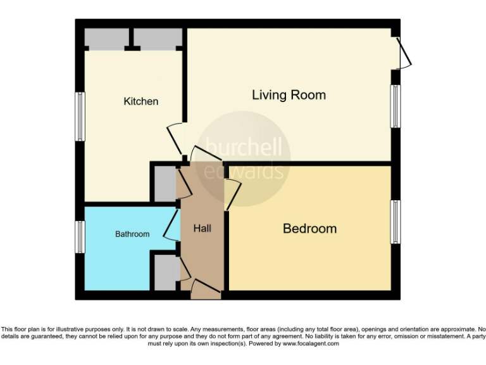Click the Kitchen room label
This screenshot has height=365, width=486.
pyautogui.click(x=140, y=101)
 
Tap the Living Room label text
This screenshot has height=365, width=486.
pyautogui.click(x=289, y=95)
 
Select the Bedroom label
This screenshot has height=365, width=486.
pyautogui.click(x=309, y=228)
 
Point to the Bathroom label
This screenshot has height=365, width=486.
pyautogui.click(x=132, y=234)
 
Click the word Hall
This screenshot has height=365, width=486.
pyautogui.click(x=202, y=228)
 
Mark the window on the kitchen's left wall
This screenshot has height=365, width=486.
pyautogui.click(x=80, y=117)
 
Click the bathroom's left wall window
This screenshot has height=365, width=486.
pyautogui.click(x=80, y=236)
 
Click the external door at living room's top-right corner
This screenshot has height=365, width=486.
pyautogui.click(x=404, y=53)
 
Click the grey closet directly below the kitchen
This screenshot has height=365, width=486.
pyautogui.click(x=163, y=183)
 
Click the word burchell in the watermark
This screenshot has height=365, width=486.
pyautogui.click(x=244, y=148)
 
